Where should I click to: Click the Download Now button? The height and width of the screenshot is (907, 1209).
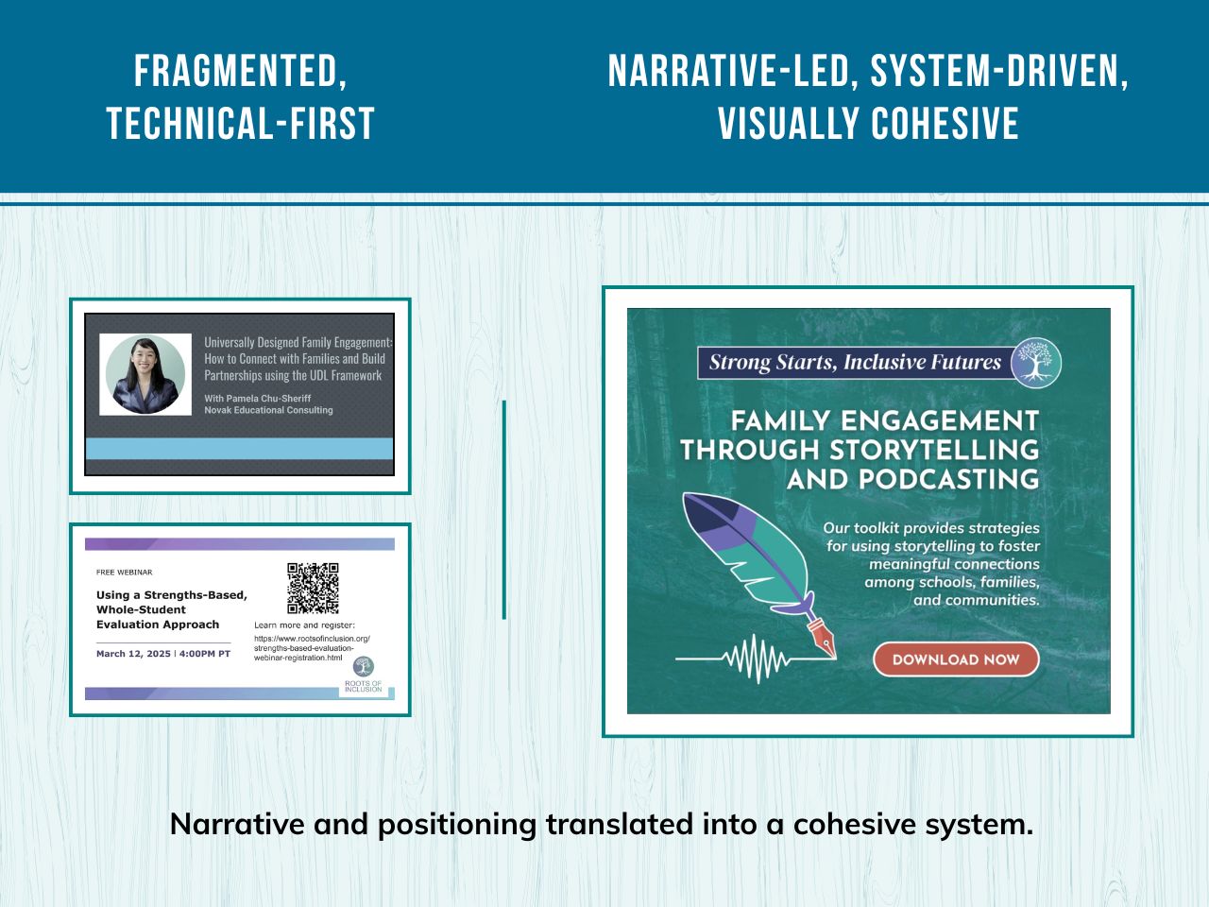tap(955, 659)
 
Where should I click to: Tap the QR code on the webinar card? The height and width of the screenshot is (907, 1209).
tap(313, 588)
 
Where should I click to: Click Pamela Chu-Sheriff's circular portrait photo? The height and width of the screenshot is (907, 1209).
tap(145, 374)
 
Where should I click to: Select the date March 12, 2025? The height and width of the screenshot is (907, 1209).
tap(134, 654)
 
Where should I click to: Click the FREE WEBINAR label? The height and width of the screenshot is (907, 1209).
tap(124, 573)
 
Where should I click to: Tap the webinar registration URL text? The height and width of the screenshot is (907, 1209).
tap(312, 648)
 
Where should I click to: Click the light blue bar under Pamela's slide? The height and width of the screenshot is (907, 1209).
tap(239, 449)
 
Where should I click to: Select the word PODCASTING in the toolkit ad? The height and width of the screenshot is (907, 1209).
tap(912, 479)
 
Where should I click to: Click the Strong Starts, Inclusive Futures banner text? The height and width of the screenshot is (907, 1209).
tap(855, 363)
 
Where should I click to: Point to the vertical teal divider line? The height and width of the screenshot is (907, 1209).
tap(504, 510)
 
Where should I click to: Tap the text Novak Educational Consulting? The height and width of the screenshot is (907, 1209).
tap(268, 410)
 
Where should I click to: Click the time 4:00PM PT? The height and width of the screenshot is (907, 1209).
tap(205, 654)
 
